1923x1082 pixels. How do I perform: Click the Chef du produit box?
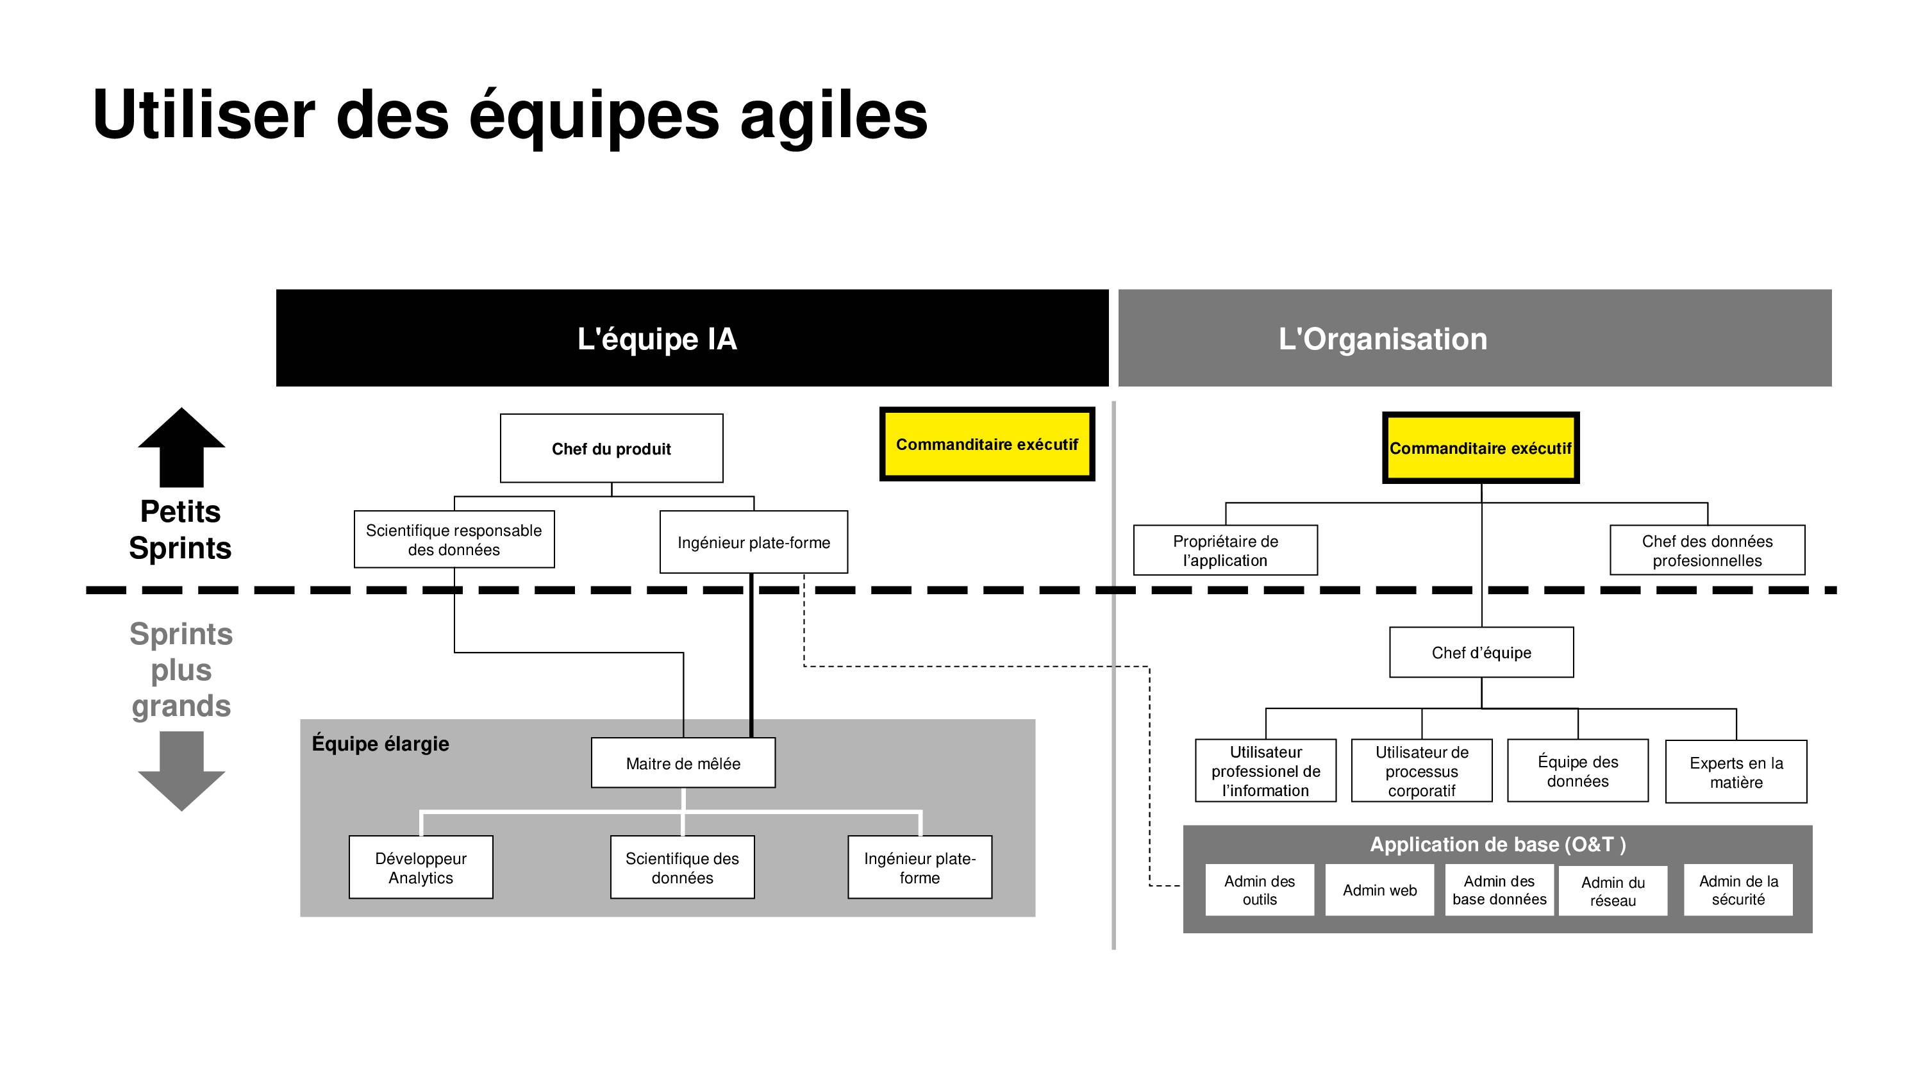tap(612, 448)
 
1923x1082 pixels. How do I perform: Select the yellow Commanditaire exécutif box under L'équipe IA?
tap(987, 444)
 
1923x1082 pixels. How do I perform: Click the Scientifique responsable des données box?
tap(454, 539)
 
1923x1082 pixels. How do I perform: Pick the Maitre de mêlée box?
tap(683, 762)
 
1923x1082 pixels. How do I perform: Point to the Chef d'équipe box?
tap(1481, 652)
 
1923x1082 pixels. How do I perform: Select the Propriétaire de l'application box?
tap(1225, 551)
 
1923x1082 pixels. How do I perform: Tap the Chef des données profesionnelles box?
tap(1707, 551)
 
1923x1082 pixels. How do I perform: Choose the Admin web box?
tap(1379, 890)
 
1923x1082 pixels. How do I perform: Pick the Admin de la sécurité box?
tap(1738, 890)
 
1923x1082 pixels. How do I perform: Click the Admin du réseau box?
tap(1613, 891)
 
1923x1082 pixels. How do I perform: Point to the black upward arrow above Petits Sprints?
tap(181, 447)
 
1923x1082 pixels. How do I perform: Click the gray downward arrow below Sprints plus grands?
tap(181, 771)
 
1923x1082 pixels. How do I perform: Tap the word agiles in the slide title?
tap(834, 116)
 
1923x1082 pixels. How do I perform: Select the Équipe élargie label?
tap(380, 744)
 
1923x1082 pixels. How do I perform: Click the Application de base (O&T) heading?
tap(1497, 845)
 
